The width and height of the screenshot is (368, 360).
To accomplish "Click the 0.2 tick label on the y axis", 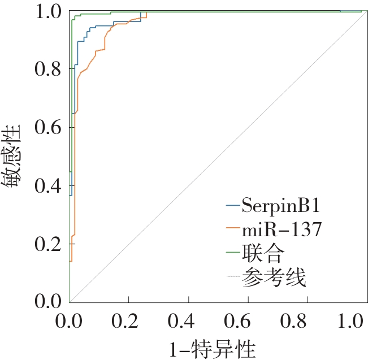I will click(x=48, y=244).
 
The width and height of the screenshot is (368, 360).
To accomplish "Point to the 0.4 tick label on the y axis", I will click(x=48, y=186).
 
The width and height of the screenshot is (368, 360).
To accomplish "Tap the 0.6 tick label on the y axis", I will click(x=48, y=127).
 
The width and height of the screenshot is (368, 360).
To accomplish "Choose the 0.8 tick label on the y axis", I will click(x=48, y=69).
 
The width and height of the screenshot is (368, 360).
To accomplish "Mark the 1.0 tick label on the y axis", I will click(x=48, y=11).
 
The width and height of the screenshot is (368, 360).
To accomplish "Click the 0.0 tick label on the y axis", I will click(x=48, y=302).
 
